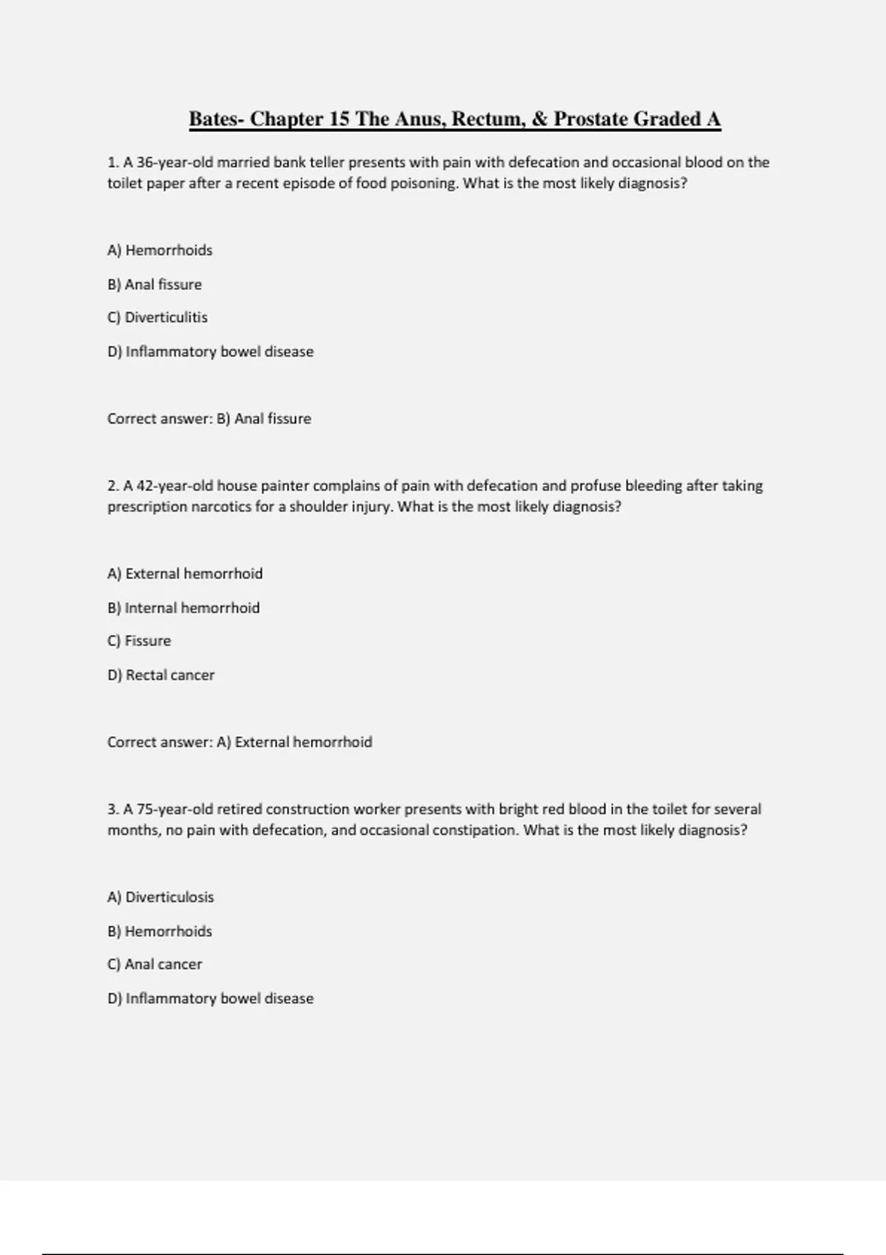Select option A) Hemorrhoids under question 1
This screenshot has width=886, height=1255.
pos(160,250)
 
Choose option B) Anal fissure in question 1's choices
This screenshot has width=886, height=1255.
pos(154,284)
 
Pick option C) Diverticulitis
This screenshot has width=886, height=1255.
pos(157,317)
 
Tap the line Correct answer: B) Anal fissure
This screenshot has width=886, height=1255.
pos(209,419)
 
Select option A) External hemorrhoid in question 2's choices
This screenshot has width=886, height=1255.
pos(185,574)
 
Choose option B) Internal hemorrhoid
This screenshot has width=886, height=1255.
pos(183,608)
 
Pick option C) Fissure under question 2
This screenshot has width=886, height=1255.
pos(139,641)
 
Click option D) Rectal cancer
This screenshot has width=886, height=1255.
pos(161,675)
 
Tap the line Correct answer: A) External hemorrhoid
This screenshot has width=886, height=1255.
pos(239,742)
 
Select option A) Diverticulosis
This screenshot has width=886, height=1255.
pos(160,897)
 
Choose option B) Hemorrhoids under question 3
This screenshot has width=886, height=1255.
pos(159,931)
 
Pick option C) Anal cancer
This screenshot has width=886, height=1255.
pos(154,964)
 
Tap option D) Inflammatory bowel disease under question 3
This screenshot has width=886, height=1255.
pos(210,998)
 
